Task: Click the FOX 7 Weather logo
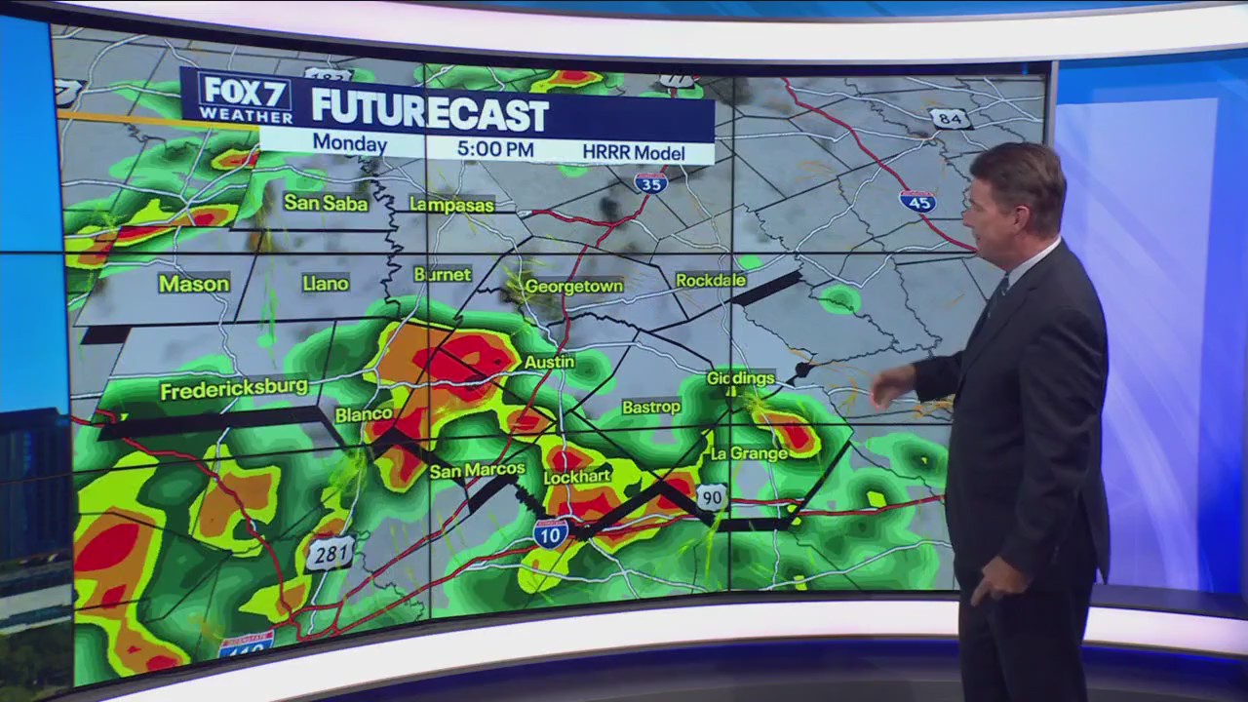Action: [246, 97]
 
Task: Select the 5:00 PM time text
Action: [494, 149]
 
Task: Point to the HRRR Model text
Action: [633, 152]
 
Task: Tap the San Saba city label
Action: [326, 203]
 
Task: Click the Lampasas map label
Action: [451, 205]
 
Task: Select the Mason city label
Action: [194, 284]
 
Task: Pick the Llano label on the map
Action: [325, 283]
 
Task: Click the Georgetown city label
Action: [573, 287]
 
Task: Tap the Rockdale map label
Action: [711, 281]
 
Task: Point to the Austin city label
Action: [549, 362]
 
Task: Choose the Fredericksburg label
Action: [234, 391]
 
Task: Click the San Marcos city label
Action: [477, 470]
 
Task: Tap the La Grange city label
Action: [749, 453]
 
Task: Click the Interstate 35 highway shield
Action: [650, 182]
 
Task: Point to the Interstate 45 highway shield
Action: [917, 201]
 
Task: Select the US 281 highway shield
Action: [330, 554]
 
